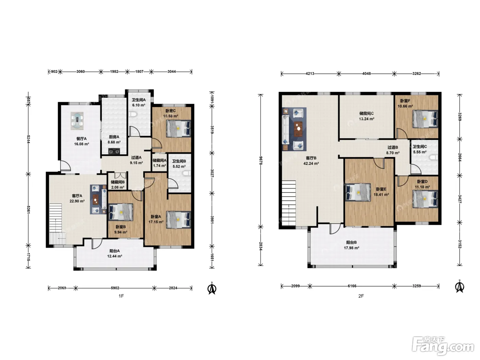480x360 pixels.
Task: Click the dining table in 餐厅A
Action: click(77, 121)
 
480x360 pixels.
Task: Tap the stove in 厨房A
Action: click(115, 151)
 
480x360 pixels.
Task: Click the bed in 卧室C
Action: click(178, 129)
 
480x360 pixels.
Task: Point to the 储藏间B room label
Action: click(118, 182)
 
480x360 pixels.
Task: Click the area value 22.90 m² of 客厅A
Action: click(77, 201)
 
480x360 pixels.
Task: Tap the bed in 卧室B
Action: click(121, 212)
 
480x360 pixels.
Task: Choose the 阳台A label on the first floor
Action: click(115, 251)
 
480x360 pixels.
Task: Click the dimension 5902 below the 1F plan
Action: click(115, 288)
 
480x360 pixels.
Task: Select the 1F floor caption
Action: click(121, 296)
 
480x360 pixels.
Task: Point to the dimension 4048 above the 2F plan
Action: click(366, 74)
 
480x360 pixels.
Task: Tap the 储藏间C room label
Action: click(367, 113)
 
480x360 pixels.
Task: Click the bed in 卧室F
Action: click(425, 119)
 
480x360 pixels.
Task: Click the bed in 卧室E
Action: click(358, 192)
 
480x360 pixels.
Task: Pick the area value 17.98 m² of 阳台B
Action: click(351, 248)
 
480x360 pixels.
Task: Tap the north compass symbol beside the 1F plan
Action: click(212, 288)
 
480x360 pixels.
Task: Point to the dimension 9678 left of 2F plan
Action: click(261, 161)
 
